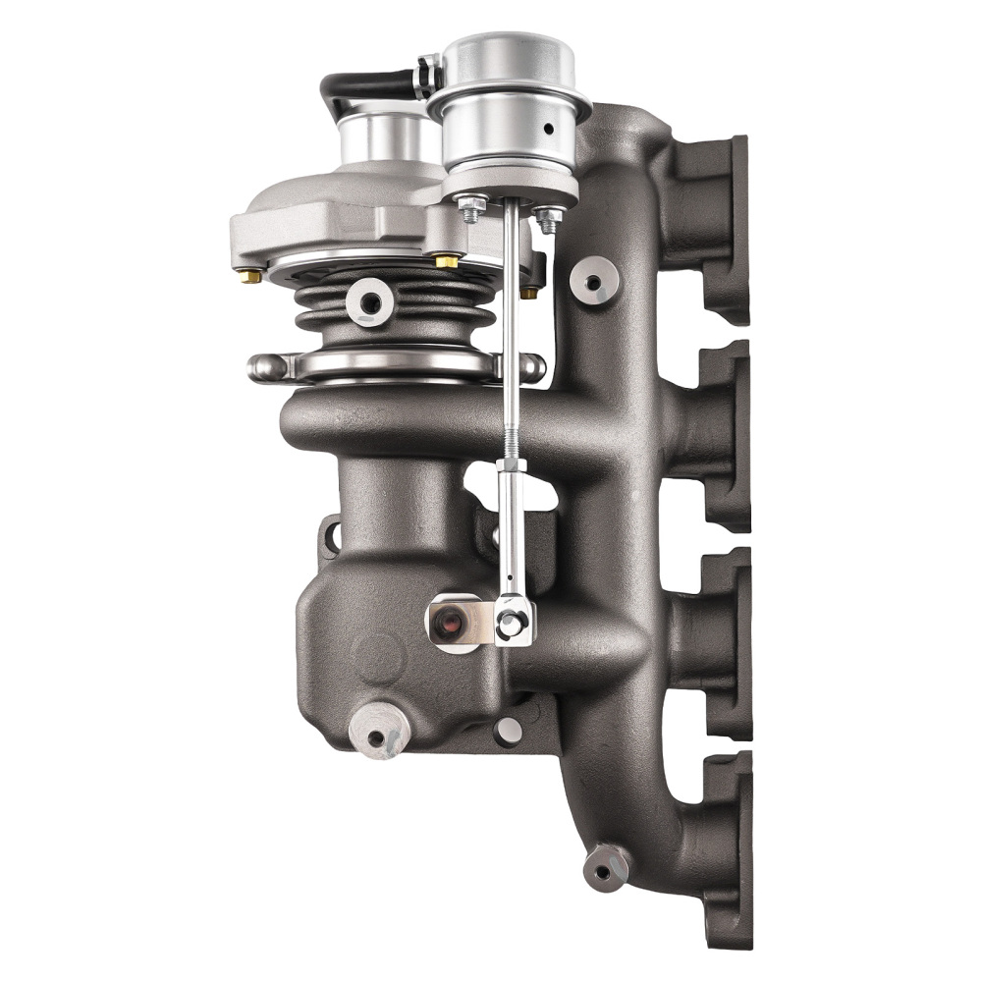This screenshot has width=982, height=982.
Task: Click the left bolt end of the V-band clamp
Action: [263, 368]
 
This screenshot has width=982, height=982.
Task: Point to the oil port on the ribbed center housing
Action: [371, 300]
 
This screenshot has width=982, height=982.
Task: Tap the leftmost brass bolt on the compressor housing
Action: [251, 276]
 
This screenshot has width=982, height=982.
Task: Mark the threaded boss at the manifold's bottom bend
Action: [605, 866]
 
